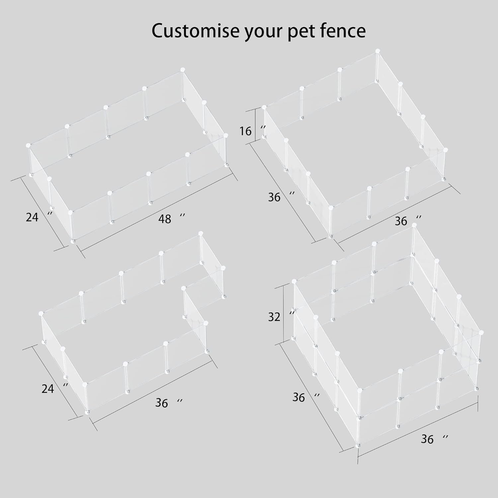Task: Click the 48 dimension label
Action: (x=165, y=219)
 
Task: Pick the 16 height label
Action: (x=245, y=131)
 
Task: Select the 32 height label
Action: (x=274, y=317)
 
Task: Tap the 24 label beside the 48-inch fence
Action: (x=32, y=217)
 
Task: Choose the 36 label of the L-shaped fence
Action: (x=162, y=403)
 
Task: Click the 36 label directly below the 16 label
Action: (x=274, y=197)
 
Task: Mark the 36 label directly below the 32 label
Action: (x=299, y=397)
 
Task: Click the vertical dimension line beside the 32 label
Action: (x=284, y=314)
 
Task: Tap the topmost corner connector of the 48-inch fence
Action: (x=182, y=70)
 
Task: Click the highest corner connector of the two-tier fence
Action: (x=414, y=225)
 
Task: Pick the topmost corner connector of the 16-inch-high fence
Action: (x=377, y=51)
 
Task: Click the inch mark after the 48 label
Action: (x=182, y=216)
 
